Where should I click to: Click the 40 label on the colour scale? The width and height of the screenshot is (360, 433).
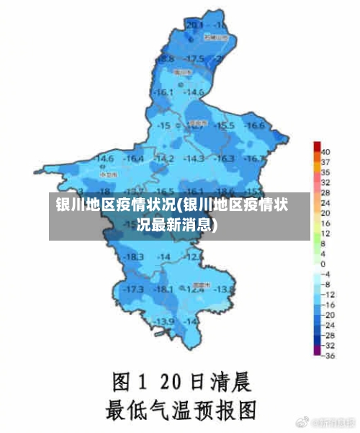[325, 152]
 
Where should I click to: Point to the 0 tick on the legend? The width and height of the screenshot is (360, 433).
[323, 264]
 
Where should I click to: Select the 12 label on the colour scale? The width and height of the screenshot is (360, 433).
[325, 233]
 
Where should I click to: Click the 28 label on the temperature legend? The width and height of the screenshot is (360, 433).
[325, 192]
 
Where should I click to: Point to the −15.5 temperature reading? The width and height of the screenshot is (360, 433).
[225, 125]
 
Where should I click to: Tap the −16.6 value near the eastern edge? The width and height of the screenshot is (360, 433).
[253, 125]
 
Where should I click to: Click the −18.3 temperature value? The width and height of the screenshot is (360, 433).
[133, 257]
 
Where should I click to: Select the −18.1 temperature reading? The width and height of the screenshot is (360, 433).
[164, 289]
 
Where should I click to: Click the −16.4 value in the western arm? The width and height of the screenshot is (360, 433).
[134, 158]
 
